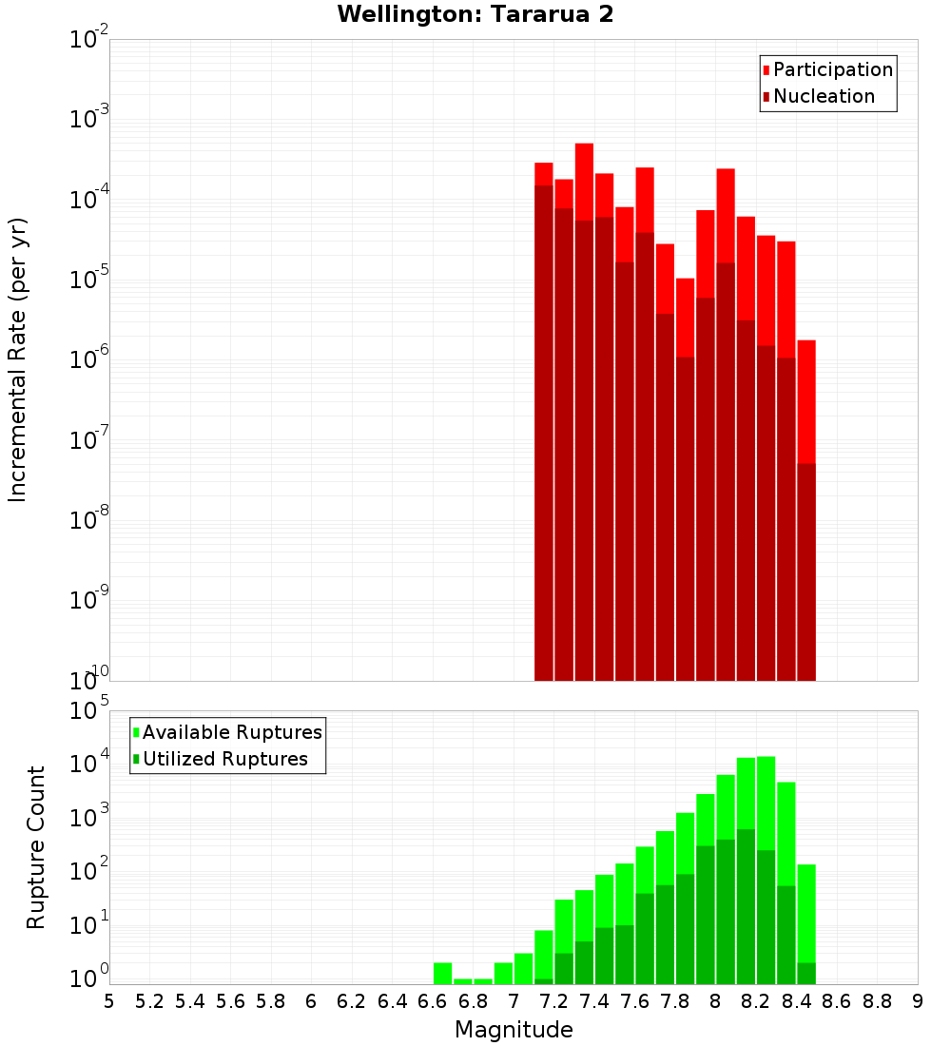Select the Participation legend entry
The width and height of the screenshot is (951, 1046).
[x=832, y=70]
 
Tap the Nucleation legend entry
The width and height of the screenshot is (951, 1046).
[x=823, y=97]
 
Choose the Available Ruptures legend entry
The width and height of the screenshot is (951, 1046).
[x=231, y=732]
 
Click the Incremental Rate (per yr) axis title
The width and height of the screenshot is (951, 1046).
[x=18, y=360]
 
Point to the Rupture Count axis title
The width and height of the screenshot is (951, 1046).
[x=36, y=847]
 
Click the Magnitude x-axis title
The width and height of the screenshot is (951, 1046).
[x=514, y=1030]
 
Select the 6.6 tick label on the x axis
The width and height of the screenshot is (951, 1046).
[x=433, y=1001]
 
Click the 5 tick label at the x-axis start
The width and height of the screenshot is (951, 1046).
[x=109, y=1001]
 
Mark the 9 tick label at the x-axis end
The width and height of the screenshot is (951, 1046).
[x=918, y=1001]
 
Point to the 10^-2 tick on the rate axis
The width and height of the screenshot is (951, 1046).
[x=88, y=40]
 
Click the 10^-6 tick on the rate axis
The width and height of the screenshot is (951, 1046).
[x=88, y=360]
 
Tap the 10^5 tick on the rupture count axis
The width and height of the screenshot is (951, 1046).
[x=88, y=711]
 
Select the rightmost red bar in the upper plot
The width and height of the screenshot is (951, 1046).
[x=806, y=399]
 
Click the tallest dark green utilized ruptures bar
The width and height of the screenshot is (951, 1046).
[x=746, y=903]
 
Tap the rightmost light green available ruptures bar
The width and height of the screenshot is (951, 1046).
[x=806, y=913]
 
